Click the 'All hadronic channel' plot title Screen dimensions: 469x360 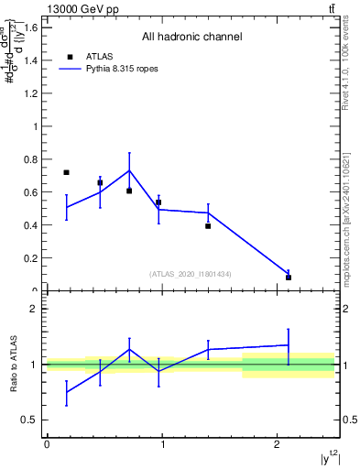191,38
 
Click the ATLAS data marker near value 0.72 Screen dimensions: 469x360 66,172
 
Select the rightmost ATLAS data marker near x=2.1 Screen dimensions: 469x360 289,277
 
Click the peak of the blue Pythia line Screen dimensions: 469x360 129,170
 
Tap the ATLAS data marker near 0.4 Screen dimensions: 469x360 208,225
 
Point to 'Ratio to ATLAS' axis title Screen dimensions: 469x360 16,364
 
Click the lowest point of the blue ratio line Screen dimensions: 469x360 66,392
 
